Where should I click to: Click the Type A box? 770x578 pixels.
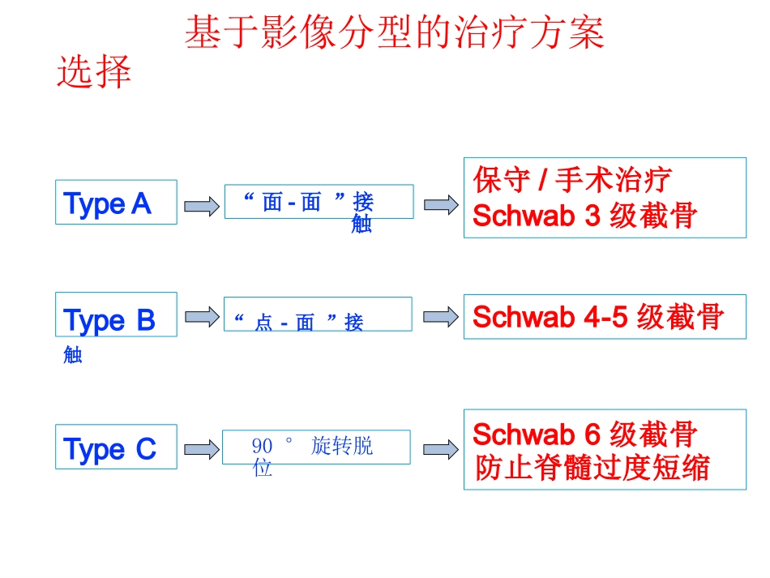point(116,202)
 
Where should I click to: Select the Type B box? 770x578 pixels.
point(116,315)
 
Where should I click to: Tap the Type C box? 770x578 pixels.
point(116,447)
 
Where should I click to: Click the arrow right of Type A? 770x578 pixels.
point(201,206)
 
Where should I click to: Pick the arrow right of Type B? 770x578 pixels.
point(202,317)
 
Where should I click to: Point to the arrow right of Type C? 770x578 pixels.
point(201,449)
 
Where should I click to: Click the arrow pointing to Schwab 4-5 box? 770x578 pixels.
point(440,317)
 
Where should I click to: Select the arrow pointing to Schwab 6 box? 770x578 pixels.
point(440,449)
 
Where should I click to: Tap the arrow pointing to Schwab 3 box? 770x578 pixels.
point(441,205)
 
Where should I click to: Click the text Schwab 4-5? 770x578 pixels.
point(550,316)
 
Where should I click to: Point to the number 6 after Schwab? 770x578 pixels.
point(592,435)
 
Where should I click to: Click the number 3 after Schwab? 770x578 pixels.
point(592,216)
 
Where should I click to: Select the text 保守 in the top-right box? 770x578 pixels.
point(502,180)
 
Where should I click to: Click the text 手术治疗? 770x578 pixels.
point(614,180)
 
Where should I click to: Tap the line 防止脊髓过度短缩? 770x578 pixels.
point(592,467)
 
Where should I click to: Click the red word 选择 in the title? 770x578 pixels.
point(94,71)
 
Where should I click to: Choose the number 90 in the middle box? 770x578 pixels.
point(262,446)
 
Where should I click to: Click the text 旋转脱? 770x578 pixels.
point(342,446)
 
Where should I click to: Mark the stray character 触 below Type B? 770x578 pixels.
point(73,354)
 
